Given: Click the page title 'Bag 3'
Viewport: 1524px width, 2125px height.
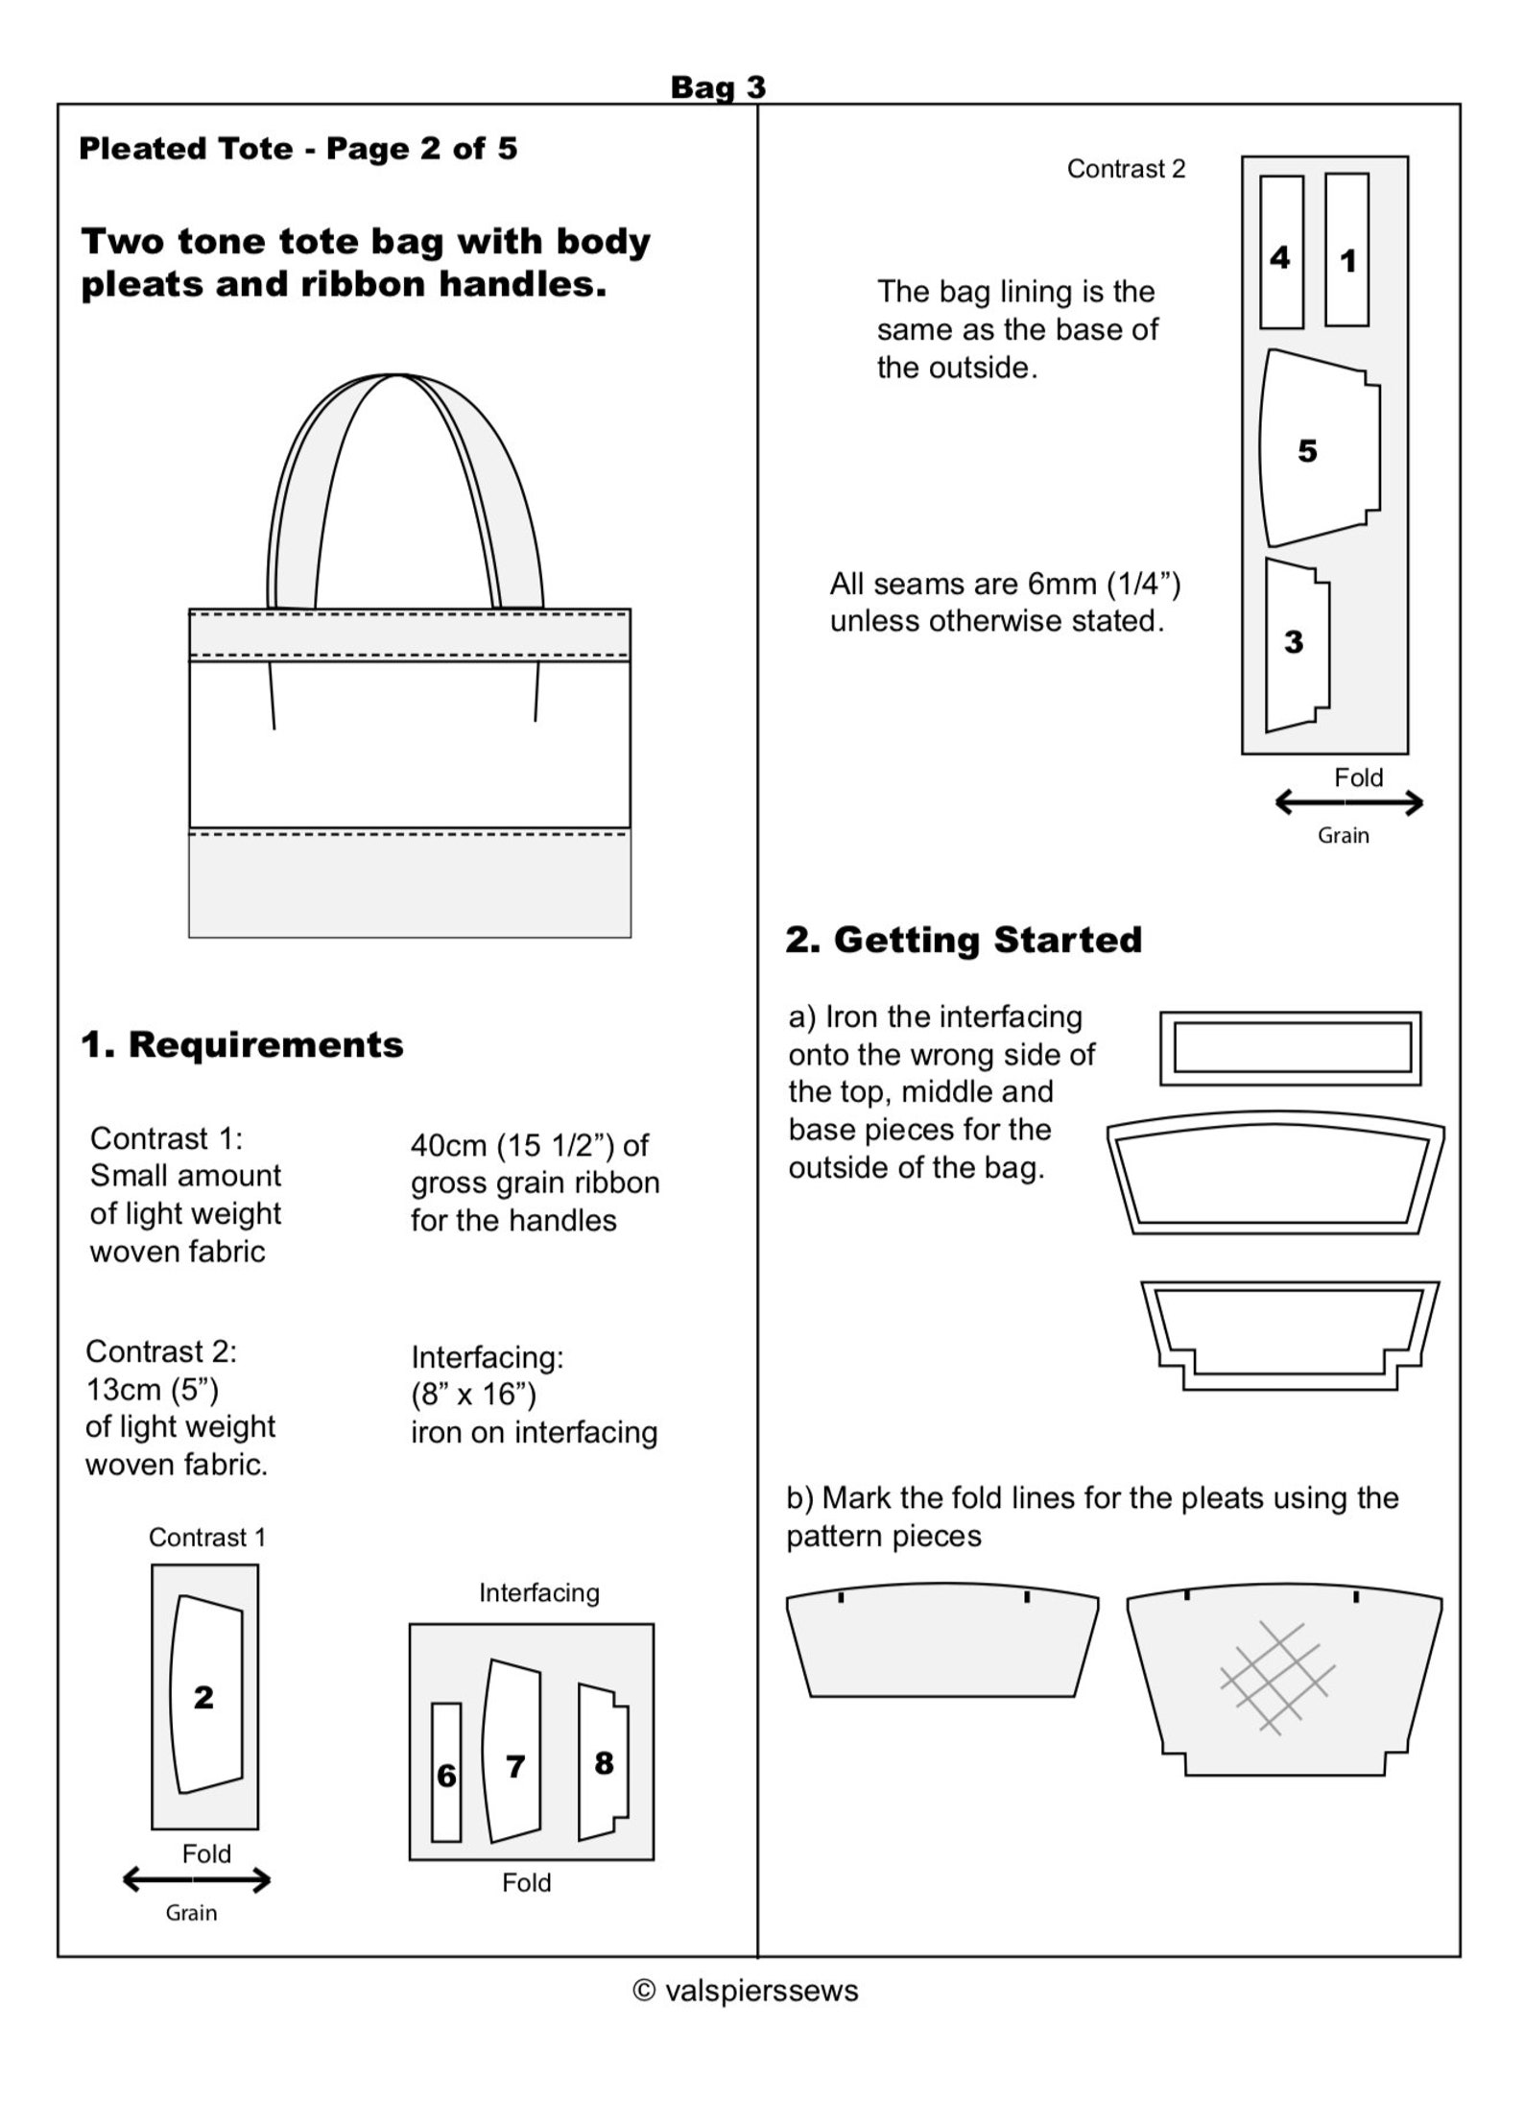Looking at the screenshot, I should (718, 87).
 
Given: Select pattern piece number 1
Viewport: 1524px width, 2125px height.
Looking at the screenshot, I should (1346, 251).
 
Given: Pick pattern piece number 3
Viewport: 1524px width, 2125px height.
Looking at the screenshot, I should (1296, 643).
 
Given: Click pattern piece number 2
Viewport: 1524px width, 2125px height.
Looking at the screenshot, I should (204, 1696).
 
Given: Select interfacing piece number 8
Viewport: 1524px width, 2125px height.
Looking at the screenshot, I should (603, 1761).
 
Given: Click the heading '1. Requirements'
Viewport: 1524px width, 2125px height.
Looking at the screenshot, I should (242, 1044).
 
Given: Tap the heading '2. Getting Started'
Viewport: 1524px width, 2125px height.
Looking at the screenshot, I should (964, 939).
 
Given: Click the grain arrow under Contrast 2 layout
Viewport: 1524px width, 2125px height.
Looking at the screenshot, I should (1348, 803).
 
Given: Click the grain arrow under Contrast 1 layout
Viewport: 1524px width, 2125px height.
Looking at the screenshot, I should (197, 1879).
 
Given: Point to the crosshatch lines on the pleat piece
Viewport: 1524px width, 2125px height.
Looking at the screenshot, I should (1277, 1676).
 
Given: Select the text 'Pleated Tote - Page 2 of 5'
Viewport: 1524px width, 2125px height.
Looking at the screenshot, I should (298, 149).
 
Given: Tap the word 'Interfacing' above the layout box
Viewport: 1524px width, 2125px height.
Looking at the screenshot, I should (538, 1592).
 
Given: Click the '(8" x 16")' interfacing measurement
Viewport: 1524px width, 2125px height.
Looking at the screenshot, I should (473, 1393).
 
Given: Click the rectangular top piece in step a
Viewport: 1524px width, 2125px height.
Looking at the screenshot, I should (1291, 1047).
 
